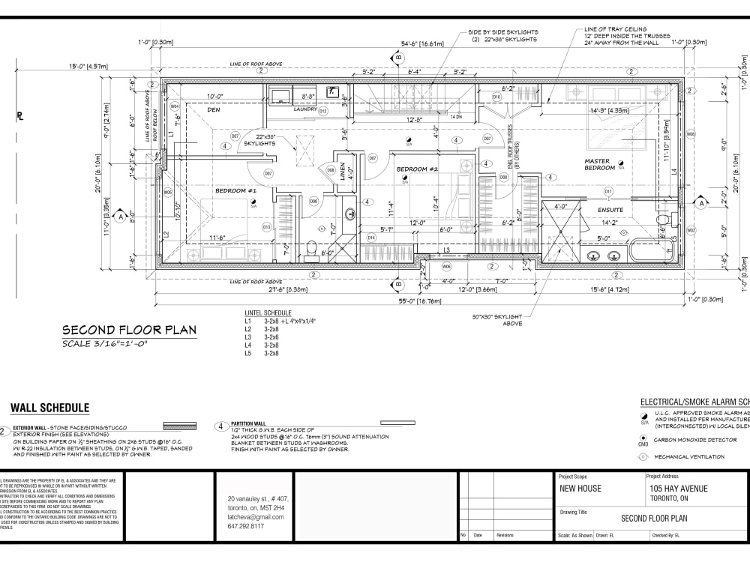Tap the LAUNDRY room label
pos(304,109)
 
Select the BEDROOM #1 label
pos(236,191)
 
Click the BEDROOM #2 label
pos(417,169)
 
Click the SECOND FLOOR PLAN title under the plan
pos(129,330)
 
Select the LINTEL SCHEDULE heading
pos(268,312)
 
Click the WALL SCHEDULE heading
pos(49,408)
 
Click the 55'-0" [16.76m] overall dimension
pos(420,300)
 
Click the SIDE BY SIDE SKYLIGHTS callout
pos(503,32)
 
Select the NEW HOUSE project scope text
pos(580,489)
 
